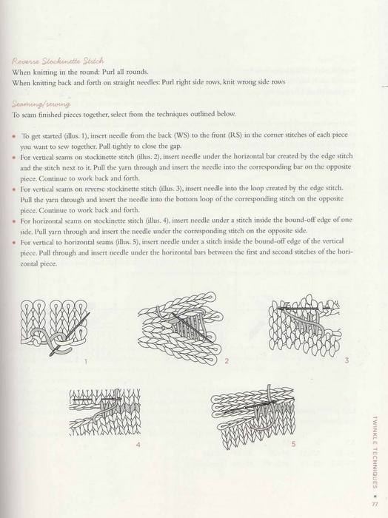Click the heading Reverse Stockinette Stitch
click(x=58, y=61)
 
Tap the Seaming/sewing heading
click(x=41, y=104)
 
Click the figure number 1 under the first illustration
click(x=86, y=361)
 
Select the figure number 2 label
click(x=227, y=361)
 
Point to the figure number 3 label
click(x=347, y=360)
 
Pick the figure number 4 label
click(x=138, y=444)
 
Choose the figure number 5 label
click(x=293, y=444)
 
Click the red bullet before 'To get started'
click(x=13, y=136)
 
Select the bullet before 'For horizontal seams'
click(x=13, y=221)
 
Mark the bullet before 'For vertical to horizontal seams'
click(x=13, y=243)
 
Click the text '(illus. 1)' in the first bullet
click(x=76, y=135)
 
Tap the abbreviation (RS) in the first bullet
click(x=235, y=135)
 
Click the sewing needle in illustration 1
click(x=70, y=334)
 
